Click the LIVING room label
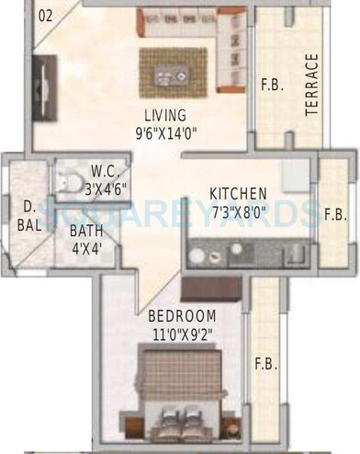click(x=164, y=115)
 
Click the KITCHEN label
click(x=238, y=194)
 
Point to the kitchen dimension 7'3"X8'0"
click(x=238, y=210)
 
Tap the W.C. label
click(x=104, y=170)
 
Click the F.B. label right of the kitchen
click(x=335, y=214)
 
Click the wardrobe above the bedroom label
click(x=210, y=289)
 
